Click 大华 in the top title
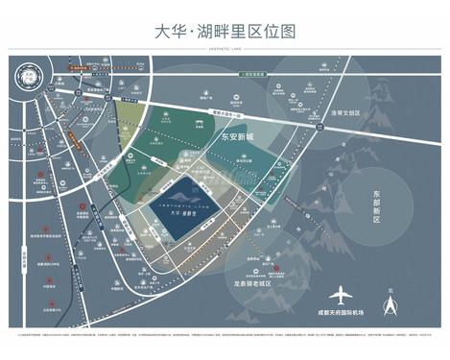(171, 32)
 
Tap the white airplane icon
(342, 294)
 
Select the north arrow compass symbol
(391, 306)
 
